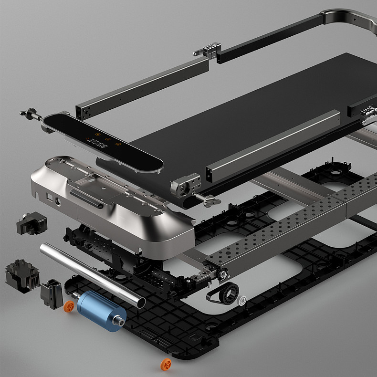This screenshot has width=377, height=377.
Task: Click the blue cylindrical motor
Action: (x=99, y=312)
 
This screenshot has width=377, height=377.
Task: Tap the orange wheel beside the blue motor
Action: (x=70, y=305)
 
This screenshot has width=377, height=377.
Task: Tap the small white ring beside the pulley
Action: (x=243, y=301)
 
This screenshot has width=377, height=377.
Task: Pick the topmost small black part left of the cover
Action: (x=31, y=223)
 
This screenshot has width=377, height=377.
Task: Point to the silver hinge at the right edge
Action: (x=368, y=114)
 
